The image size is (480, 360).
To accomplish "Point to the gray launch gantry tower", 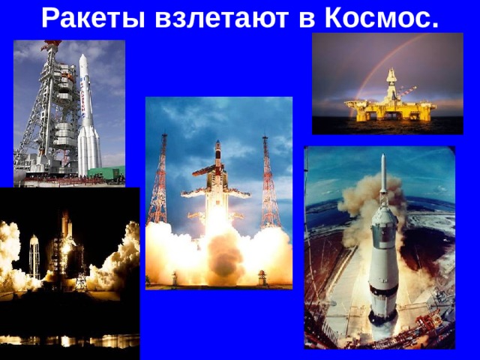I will (x=45, y=112).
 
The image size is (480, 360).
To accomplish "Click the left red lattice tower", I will (x=158, y=184).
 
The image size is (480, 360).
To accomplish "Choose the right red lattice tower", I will (x=268, y=184).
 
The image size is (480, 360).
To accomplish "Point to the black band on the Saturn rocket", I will (x=382, y=311).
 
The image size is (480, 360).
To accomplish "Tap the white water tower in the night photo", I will (x=34, y=255).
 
